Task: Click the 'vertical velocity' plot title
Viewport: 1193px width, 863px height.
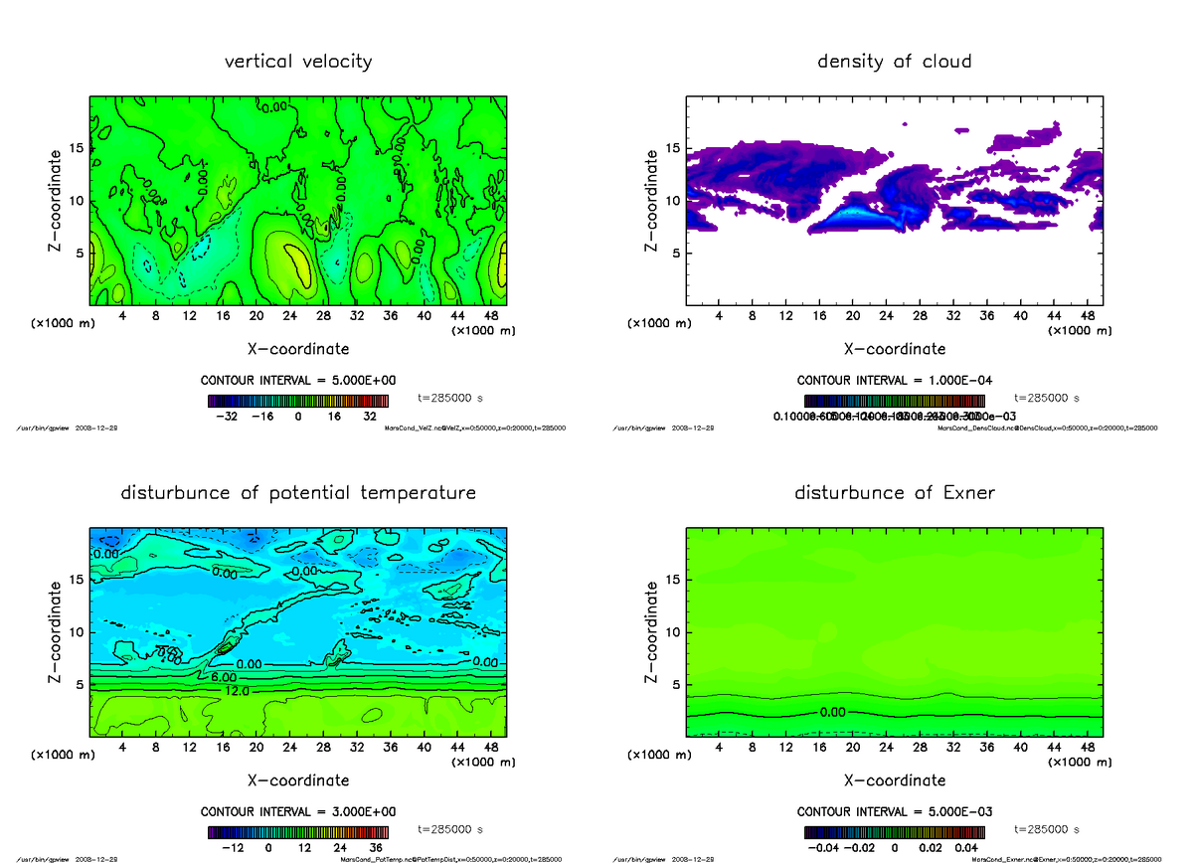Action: tap(298, 62)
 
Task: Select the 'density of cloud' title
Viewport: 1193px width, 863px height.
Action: tap(894, 62)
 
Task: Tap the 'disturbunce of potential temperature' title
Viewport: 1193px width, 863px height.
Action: tap(298, 493)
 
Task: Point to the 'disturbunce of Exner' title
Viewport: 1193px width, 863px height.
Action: tap(894, 493)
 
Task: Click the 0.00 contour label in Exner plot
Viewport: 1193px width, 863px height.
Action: tap(833, 713)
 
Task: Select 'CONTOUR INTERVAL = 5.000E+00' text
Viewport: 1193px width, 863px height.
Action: tap(298, 381)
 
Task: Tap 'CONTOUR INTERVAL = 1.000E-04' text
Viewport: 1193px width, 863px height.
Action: tap(895, 381)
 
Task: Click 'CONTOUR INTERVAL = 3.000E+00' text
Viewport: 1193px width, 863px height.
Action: tap(298, 811)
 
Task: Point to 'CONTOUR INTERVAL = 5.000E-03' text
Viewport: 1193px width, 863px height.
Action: tap(895, 811)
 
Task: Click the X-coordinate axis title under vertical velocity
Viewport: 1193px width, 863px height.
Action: tap(298, 349)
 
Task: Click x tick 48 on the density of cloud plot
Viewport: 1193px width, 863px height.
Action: tap(1088, 316)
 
